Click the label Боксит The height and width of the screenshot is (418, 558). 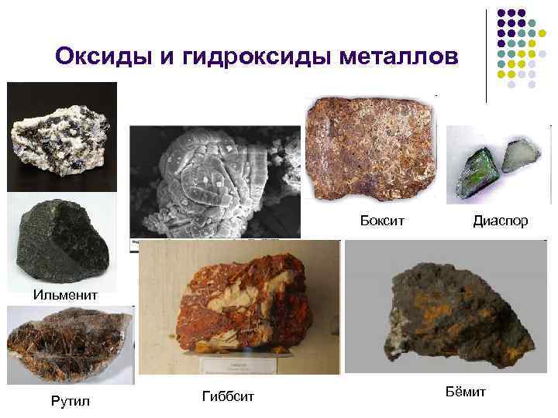[x=382, y=221]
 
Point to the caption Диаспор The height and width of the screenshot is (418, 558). [x=501, y=221]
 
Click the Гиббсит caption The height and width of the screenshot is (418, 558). [x=228, y=396]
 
